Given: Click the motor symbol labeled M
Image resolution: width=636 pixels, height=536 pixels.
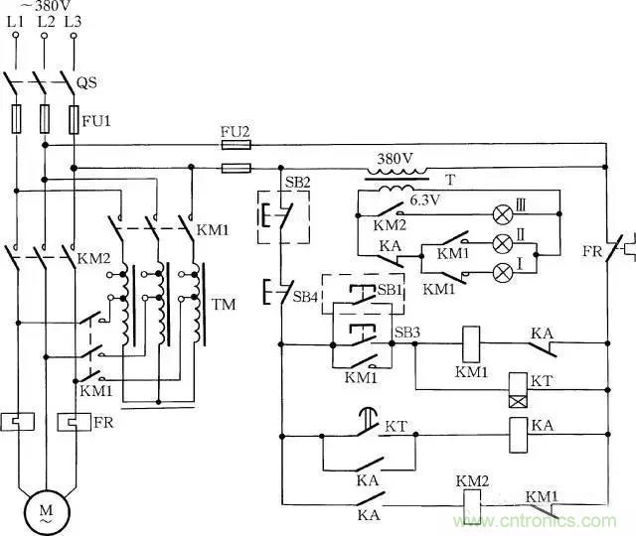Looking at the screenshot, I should click(x=45, y=510).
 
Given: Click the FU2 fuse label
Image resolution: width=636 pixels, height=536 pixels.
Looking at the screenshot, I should click(x=235, y=130).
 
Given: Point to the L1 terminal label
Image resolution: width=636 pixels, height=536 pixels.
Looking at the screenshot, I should click(x=15, y=19).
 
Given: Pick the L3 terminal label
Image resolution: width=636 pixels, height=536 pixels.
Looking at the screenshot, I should click(x=73, y=19).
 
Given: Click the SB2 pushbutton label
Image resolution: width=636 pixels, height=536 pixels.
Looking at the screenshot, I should click(x=272, y=182).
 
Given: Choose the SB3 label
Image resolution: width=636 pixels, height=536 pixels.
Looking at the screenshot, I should click(x=406, y=331).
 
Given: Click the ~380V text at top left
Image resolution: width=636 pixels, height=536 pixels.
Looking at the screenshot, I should click(x=45, y=5).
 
